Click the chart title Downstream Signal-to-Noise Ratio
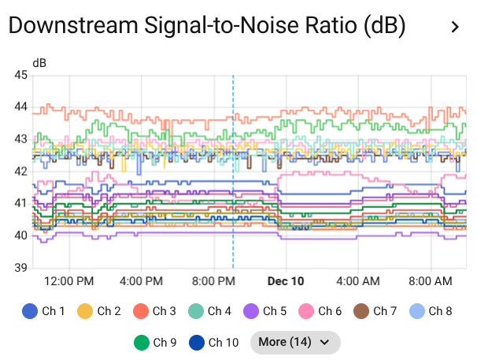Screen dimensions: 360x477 pos(206,26)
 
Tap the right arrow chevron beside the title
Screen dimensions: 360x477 pos(455,27)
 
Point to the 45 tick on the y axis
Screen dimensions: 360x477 pos(21,76)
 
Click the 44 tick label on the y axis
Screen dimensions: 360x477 pos(21,107)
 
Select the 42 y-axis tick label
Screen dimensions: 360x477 pos(21,171)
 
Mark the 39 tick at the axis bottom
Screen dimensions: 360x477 pos(21,268)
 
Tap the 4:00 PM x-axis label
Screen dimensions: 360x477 pos(141,280)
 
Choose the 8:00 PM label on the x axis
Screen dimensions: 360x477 pos(213,280)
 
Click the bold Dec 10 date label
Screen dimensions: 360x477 pos(286,280)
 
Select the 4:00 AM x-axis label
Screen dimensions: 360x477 pos(358,280)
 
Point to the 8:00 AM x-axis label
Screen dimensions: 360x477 pos(431,280)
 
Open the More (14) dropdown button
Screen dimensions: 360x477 pos(294,343)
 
